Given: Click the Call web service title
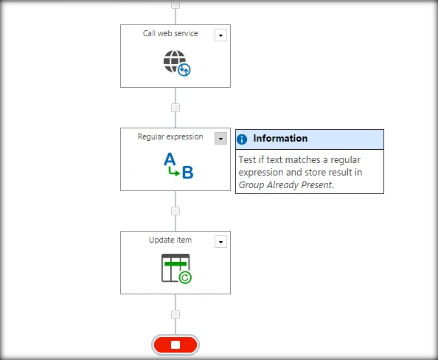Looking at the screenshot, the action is (x=170, y=33).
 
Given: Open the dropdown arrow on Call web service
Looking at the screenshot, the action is (x=220, y=35).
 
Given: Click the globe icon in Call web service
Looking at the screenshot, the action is (x=175, y=61).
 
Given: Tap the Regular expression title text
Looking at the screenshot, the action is (x=170, y=136).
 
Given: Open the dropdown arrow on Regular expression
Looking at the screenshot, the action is (x=220, y=139).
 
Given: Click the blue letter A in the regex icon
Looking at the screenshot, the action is (x=170, y=159).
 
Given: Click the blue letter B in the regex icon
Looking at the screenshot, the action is (x=188, y=173).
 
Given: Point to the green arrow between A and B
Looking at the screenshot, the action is (x=174, y=172).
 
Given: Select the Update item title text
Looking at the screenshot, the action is (x=170, y=240).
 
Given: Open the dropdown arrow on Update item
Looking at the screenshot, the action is (x=220, y=242).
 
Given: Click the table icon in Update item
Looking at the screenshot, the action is (x=175, y=268).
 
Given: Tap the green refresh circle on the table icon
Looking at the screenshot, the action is (x=185, y=277).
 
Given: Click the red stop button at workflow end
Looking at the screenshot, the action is (x=175, y=345).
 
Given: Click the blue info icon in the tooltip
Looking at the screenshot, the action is (x=242, y=139).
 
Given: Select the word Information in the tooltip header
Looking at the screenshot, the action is (x=280, y=139).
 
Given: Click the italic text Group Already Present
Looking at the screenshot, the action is (x=285, y=185).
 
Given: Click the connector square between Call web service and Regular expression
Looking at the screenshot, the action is (x=175, y=108).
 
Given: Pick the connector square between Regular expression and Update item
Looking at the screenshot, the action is (x=175, y=211).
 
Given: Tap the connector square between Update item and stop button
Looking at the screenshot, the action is (x=175, y=314).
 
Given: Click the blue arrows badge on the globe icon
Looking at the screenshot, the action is (x=184, y=70).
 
